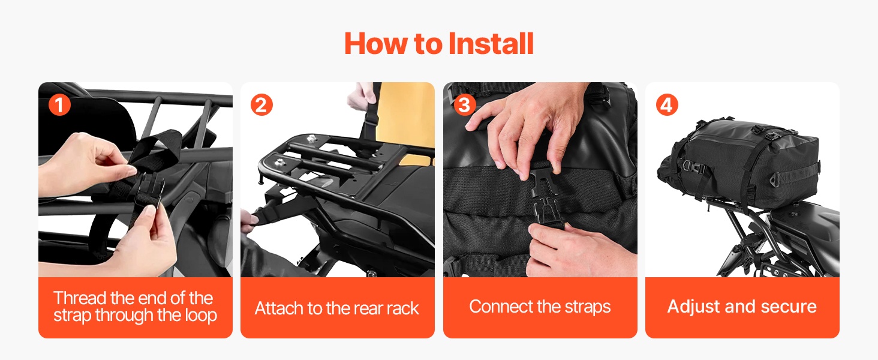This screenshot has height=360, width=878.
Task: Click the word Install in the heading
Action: point(491,43)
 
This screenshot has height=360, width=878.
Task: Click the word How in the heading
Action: point(376,43)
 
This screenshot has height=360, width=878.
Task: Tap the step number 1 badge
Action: point(59,105)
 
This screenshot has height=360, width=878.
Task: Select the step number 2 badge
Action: point(261,105)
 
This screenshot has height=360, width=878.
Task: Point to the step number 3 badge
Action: point(464,105)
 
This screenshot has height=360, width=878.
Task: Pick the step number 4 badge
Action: point(667,105)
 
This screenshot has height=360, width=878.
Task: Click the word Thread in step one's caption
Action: point(80,298)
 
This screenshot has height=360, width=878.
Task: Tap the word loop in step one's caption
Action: point(200,315)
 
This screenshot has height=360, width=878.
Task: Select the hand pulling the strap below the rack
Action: point(249,222)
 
